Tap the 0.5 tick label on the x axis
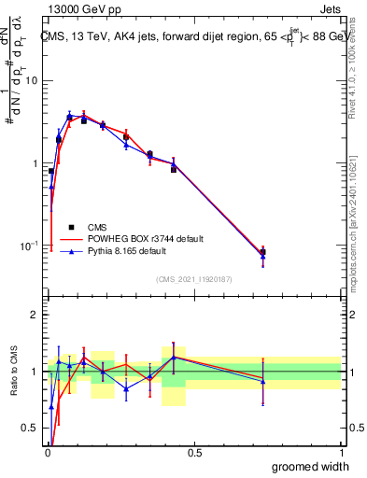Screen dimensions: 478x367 (194, 453)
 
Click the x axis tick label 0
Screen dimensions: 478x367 (47, 453)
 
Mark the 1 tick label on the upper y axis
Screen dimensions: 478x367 (35, 163)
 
